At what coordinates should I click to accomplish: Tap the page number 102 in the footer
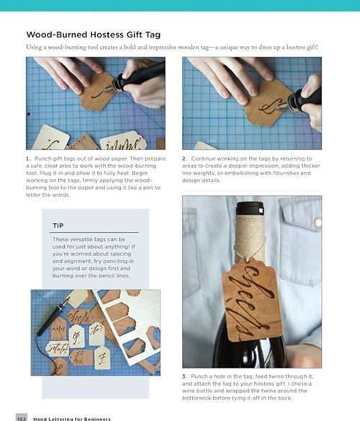pos(22,419)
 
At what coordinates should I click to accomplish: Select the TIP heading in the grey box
pos(58,225)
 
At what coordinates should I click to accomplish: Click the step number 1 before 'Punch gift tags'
pos(28,158)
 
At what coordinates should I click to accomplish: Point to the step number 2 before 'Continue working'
pos(184,158)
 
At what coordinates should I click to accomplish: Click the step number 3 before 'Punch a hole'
pos(184,376)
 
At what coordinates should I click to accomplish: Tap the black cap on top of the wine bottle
pos(250,209)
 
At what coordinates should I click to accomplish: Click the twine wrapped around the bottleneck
pos(250,236)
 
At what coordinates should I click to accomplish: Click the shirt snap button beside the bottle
pos(318,222)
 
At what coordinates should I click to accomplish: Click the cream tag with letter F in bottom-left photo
pos(102,358)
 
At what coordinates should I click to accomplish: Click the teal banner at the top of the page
pos(180,5)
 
